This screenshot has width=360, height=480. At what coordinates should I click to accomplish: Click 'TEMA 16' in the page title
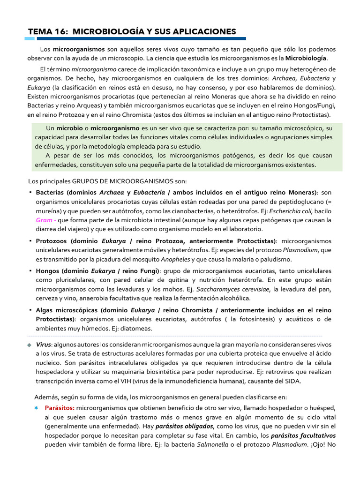(x=46, y=31)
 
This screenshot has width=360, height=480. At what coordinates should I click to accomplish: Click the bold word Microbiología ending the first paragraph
(x=306, y=59)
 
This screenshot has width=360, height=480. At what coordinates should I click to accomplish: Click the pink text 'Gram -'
(x=46, y=220)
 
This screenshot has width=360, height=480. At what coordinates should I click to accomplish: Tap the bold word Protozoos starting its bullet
(x=52, y=241)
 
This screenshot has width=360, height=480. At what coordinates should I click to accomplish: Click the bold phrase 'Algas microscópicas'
(x=67, y=310)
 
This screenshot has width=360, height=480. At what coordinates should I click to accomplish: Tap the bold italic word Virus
(x=43, y=345)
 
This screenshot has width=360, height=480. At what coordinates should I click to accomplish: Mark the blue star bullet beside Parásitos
(x=36, y=408)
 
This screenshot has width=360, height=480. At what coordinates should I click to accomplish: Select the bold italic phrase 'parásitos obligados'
(x=185, y=426)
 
